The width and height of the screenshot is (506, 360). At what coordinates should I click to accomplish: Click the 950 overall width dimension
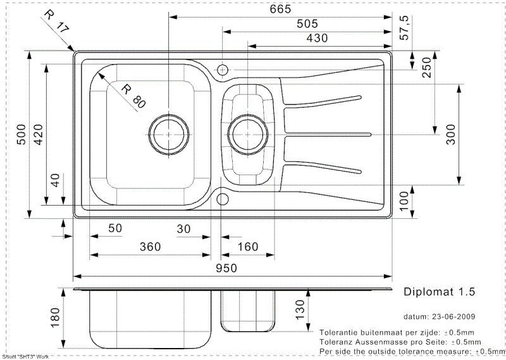[x=226, y=268]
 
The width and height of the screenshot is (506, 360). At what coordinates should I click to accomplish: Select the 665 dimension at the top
[x=280, y=9]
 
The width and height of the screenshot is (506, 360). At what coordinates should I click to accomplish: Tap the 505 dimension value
[x=307, y=23]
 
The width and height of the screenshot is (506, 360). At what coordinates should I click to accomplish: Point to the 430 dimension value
[x=317, y=38]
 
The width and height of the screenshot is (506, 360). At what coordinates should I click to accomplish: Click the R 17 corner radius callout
[x=57, y=22]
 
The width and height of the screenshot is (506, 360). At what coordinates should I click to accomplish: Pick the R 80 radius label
[x=133, y=96]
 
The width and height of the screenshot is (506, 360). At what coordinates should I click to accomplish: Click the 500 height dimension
[x=22, y=134]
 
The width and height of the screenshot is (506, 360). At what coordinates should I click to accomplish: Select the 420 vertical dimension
[x=39, y=134]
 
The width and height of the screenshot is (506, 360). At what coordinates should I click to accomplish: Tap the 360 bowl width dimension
[x=150, y=247]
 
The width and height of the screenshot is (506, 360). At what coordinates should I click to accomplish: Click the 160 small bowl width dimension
[x=248, y=247]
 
